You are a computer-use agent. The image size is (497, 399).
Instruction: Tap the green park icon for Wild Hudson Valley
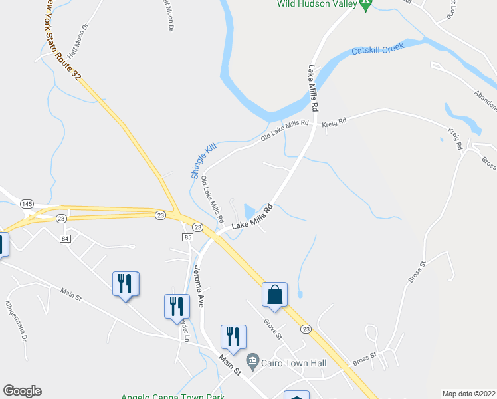(365, 4)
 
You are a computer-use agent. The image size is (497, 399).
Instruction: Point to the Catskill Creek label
(378, 50)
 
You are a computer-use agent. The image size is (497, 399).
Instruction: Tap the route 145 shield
(27, 203)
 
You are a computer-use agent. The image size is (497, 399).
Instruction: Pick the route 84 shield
(65, 238)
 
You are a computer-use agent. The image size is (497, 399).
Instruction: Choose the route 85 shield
(187, 237)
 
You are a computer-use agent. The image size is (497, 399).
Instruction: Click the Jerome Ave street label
(198, 287)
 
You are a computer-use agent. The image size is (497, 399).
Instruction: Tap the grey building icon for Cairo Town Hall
(252, 363)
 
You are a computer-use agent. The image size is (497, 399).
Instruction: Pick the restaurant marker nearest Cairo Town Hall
(233, 337)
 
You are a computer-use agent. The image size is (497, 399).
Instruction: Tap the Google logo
(22, 391)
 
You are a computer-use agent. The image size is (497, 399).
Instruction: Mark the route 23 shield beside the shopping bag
(306, 329)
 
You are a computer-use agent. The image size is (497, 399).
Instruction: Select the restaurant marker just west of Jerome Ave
(177, 305)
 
